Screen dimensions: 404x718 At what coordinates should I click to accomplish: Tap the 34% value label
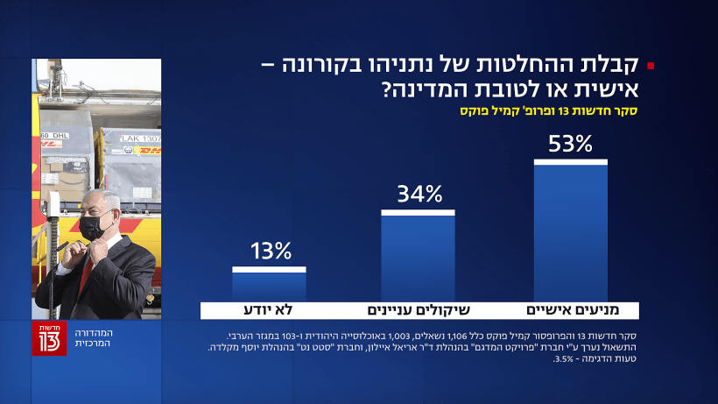coord(419,194)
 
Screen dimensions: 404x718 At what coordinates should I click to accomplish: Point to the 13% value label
coord(270,252)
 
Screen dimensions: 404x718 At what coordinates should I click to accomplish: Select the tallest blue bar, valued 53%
coord(571,232)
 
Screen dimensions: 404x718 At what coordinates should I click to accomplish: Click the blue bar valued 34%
coord(418,258)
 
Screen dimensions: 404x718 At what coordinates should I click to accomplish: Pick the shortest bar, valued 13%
coord(270,285)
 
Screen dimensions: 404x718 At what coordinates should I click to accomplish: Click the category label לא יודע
coord(268,310)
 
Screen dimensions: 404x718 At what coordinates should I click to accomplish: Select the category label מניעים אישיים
coord(568,310)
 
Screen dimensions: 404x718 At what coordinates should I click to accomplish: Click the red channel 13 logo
coord(49,338)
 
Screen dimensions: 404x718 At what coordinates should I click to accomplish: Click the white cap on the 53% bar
coord(571,161)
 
